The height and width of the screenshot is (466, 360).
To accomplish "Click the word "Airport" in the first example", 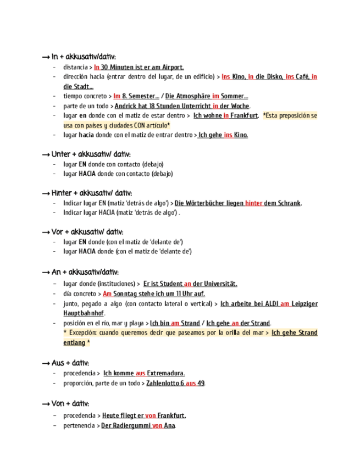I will (169, 68).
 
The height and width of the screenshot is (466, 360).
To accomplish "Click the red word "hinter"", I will (254, 203).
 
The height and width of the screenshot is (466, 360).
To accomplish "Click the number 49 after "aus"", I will (201, 383).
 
